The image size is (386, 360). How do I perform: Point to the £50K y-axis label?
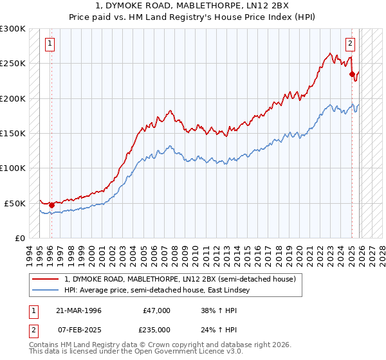click(x=15, y=203)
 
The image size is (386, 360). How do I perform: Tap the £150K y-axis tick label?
click(x=13, y=134)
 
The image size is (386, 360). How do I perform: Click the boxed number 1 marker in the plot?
click(x=50, y=44)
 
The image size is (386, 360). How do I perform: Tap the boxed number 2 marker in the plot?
click(x=350, y=44)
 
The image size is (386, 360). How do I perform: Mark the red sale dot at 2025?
click(x=352, y=74)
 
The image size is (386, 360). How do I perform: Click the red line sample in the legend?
click(x=46, y=280)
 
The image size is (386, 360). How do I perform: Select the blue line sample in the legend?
click(x=46, y=291)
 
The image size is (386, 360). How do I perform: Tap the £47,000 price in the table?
click(x=156, y=310)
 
